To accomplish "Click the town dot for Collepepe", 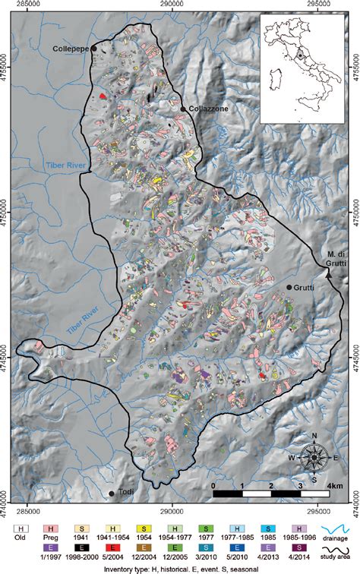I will click(94, 49).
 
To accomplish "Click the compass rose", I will click(314, 458).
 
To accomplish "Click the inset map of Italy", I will click(303, 68).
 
